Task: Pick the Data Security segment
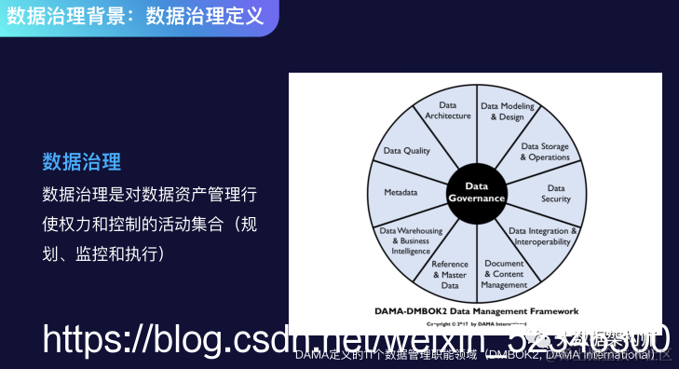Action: tap(555, 193)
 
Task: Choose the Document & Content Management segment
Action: tap(504, 274)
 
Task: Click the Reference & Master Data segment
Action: tap(450, 274)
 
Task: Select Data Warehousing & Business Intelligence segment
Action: tap(405, 239)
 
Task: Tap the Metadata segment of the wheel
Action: tap(401, 193)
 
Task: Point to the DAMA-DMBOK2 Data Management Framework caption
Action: tap(476, 311)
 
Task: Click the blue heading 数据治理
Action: tap(82, 162)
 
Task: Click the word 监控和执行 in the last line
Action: tap(124, 253)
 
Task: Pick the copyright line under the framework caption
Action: tap(476, 323)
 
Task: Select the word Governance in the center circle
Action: tap(477, 198)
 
